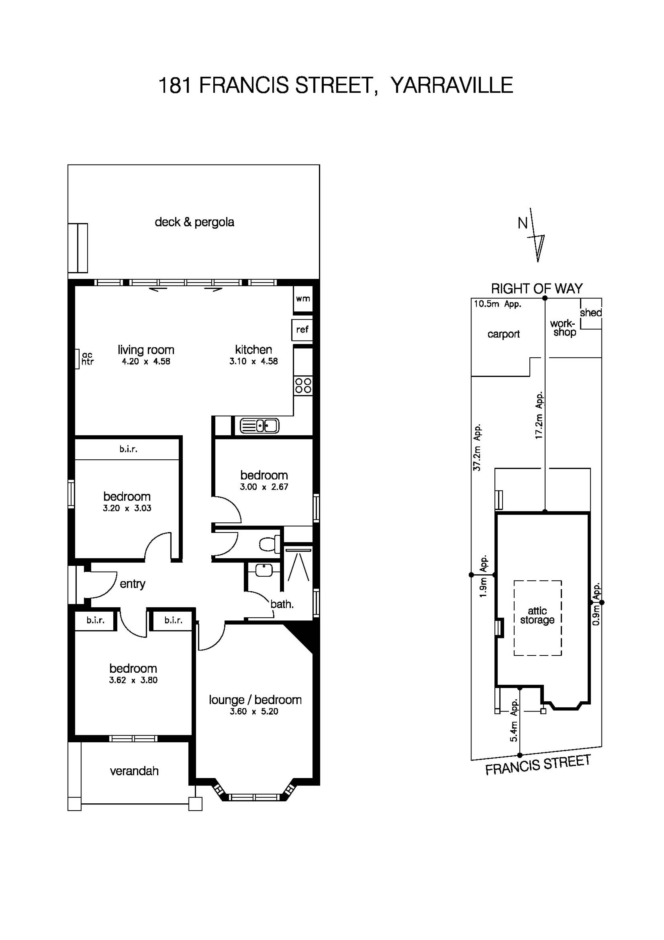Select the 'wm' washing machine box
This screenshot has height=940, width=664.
(x=303, y=299)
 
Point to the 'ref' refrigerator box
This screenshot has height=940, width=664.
(x=302, y=330)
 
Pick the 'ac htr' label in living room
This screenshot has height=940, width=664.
(x=87, y=358)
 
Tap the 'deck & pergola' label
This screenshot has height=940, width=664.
(x=195, y=222)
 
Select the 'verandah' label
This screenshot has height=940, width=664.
(x=134, y=771)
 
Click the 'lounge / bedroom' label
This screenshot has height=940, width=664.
(x=255, y=700)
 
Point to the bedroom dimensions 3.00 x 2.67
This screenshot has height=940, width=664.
(x=264, y=487)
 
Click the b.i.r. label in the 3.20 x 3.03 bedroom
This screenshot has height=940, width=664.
(x=128, y=449)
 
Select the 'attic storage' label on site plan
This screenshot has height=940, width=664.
(x=537, y=615)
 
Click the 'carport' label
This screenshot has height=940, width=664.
(x=504, y=334)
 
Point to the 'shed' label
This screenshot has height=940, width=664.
(x=591, y=313)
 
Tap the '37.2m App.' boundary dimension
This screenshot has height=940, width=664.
(x=477, y=447)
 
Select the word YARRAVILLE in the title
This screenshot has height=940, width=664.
(x=452, y=85)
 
